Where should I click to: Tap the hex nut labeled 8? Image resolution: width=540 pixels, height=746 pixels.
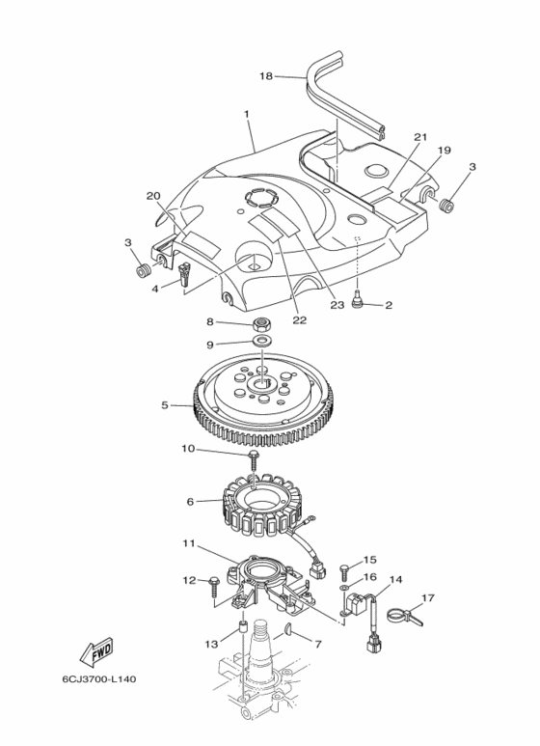[x=259, y=325]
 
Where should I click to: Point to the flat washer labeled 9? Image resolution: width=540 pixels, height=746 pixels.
[x=259, y=341]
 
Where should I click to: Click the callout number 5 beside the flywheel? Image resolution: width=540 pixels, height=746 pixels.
[x=165, y=405]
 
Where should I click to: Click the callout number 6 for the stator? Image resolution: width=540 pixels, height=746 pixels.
[x=190, y=502]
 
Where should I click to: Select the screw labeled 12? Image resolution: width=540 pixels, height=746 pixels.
[x=212, y=585]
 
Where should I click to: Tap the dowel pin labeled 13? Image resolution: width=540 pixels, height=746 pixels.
[x=242, y=627]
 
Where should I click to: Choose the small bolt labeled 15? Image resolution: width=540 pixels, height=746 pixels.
[x=345, y=569]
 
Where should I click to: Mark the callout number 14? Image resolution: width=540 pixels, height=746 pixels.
[x=395, y=579]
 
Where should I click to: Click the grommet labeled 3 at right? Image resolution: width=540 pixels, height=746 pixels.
[x=446, y=207]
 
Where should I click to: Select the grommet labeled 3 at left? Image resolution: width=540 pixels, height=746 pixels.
[x=142, y=271]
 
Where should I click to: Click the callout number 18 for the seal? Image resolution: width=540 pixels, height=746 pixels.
[x=267, y=76]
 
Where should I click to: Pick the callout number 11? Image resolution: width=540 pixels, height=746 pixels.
[x=189, y=542]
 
